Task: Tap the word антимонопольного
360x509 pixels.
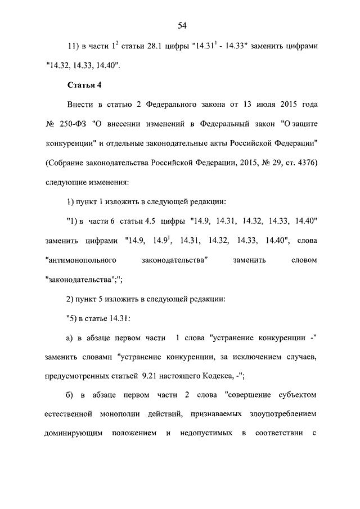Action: click(80, 260)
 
